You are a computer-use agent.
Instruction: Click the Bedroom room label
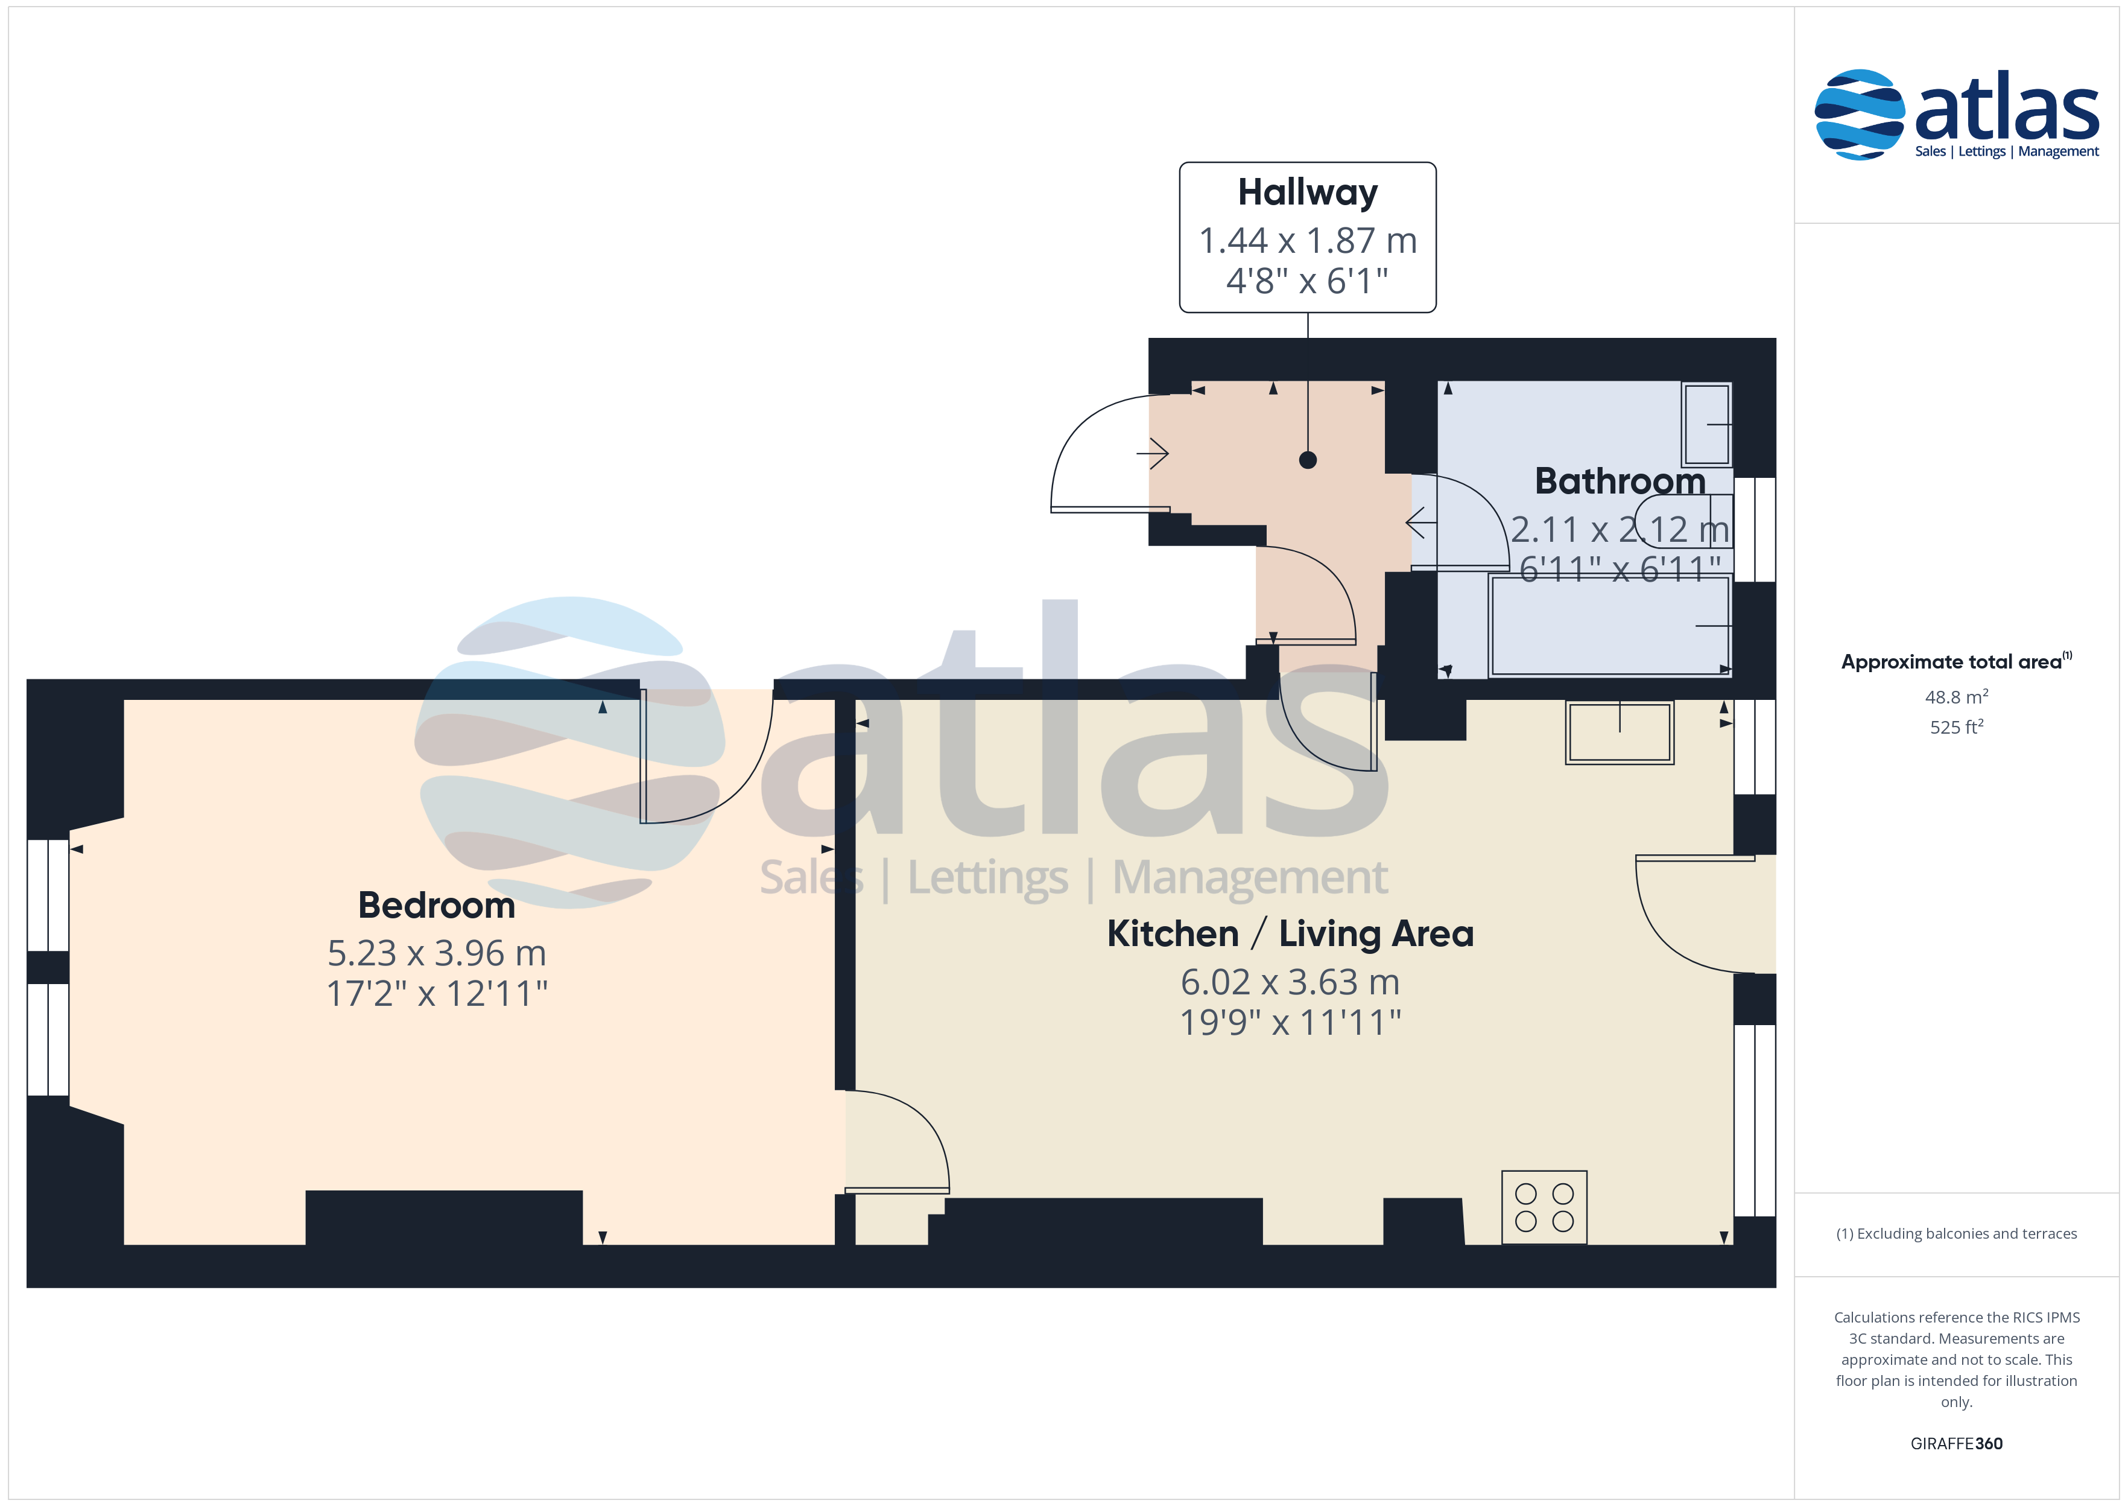437,905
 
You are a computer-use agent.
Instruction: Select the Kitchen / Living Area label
1290,934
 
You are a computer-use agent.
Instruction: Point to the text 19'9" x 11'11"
1290,1023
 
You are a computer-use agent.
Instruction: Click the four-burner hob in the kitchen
1544,1207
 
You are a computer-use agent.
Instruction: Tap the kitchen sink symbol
1619,732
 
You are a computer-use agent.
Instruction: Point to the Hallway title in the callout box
1308,192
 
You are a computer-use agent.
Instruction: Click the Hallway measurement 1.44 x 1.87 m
1308,240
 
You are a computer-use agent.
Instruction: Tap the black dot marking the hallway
1308,460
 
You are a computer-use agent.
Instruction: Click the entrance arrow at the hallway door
1153,454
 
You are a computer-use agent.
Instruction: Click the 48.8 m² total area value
1957,696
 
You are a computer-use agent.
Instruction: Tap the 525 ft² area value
1957,727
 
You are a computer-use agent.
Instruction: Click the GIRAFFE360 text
1957,1444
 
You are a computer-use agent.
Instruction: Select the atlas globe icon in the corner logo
1858,114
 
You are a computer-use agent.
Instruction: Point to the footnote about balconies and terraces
1957,1233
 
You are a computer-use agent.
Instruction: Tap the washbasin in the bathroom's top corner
1706,424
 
